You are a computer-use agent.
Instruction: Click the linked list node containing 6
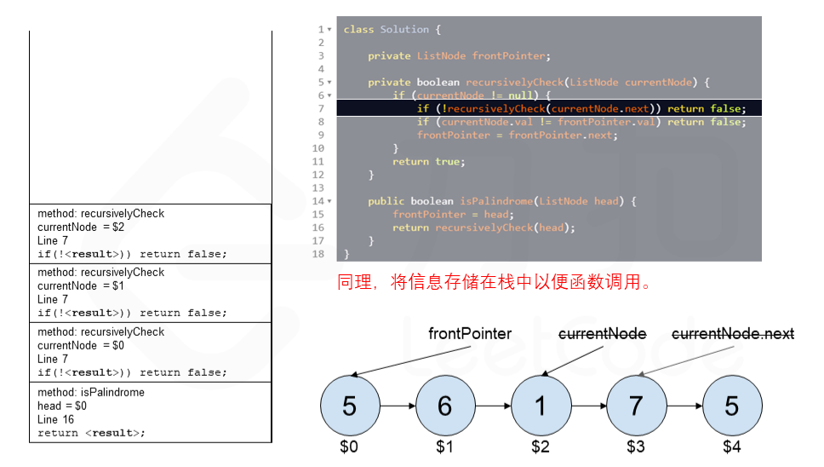pyautogui.click(x=444, y=406)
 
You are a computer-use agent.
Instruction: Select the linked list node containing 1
pyautogui.click(x=540, y=406)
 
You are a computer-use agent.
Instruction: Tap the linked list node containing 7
pyautogui.click(x=635, y=406)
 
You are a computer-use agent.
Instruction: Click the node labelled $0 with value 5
pyautogui.click(x=349, y=406)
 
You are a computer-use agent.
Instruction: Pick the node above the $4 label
pyautogui.click(x=731, y=406)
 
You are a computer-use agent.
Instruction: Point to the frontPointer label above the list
pyautogui.click(x=470, y=334)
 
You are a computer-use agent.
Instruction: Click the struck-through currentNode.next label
pyautogui.click(x=733, y=334)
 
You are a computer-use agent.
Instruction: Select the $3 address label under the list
pyautogui.click(x=635, y=446)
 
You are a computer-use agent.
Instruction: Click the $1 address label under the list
pyautogui.click(x=444, y=446)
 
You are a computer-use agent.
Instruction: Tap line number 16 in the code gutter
pyautogui.click(x=318, y=228)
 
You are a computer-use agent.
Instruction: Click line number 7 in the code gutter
pyautogui.click(x=321, y=109)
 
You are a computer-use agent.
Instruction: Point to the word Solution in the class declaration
pyautogui.click(x=404, y=30)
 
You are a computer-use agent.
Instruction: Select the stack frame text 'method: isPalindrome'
pyautogui.click(x=91, y=393)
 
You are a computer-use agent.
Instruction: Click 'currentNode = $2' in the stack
pyautogui.click(x=81, y=228)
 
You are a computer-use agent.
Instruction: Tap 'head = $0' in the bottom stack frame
pyautogui.click(x=62, y=406)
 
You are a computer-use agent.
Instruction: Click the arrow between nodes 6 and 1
pyautogui.click(x=491, y=406)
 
